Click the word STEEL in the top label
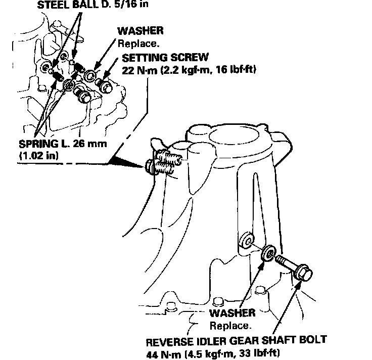click(x=52, y=6)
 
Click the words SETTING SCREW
click(x=165, y=57)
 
